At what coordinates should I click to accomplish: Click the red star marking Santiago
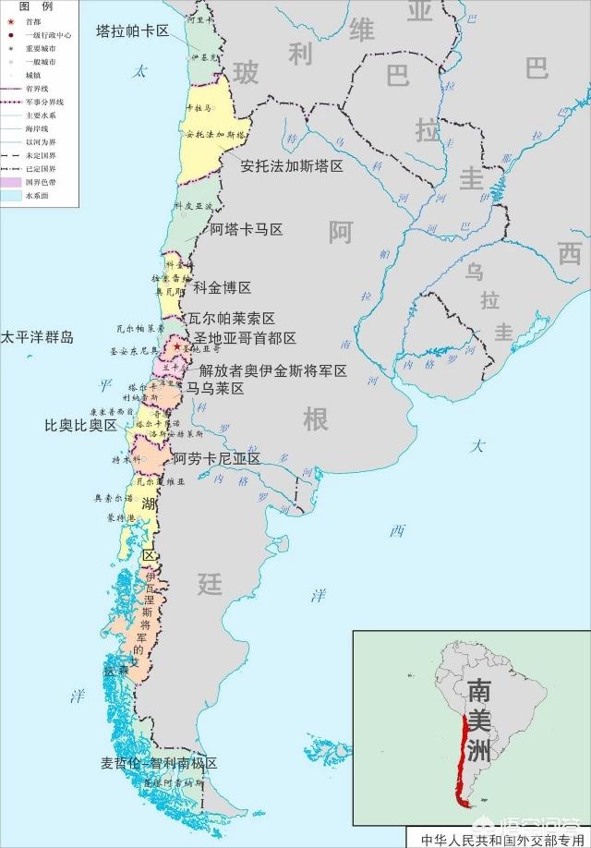coord(177,347)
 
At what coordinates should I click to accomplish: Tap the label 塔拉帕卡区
coord(133,30)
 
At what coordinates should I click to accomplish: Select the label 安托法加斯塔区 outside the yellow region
coord(292,166)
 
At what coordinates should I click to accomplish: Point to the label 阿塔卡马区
coord(246,229)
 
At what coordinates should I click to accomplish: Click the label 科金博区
coord(222,288)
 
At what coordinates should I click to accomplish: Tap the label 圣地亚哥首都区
coord(245,338)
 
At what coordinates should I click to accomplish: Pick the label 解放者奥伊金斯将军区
coord(273,370)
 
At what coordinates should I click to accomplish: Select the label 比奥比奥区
coord(81,426)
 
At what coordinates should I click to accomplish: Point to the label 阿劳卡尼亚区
coord(216,458)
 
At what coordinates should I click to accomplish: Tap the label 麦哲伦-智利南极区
coord(159,764)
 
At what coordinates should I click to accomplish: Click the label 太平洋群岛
coord(37,337)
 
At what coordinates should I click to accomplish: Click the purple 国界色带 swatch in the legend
coord(12,182)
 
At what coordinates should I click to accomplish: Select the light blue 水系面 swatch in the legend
coord(12,196)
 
